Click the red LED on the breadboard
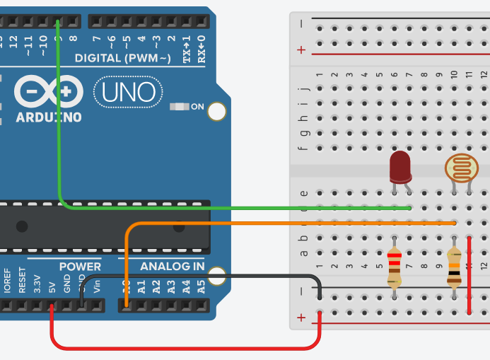click(401, 167)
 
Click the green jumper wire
click(212, 208)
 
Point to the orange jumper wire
click(283, 223)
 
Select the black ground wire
click(212, 275)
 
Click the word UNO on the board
click(128, 92)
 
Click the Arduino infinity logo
click(48, 92)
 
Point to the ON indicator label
click(197, 107)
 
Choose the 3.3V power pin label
click(37, 284)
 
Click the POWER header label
click(79, 267)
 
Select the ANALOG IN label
click(172, 267)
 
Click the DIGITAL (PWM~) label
click(123, 57)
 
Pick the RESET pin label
click(23, 281)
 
